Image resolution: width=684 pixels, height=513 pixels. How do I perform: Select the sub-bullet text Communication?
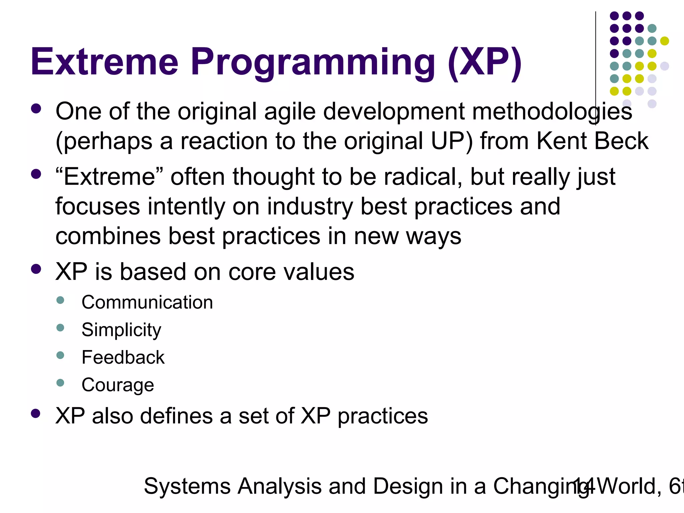coord(147,303)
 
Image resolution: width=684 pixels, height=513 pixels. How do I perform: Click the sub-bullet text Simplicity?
coord(121,330)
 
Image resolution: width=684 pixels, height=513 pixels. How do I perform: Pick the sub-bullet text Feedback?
coord(123,357)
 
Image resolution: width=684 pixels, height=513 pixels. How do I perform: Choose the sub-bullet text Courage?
coord(118,385)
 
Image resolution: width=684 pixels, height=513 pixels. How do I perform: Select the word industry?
coord(310,207)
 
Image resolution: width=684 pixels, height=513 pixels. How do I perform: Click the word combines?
coord(108,236)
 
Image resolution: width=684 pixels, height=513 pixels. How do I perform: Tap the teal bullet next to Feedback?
coord(60,355)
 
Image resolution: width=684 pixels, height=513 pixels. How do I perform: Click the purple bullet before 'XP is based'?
coord(36,269)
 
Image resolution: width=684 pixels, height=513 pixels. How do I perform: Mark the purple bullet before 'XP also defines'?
coord(36,413)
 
